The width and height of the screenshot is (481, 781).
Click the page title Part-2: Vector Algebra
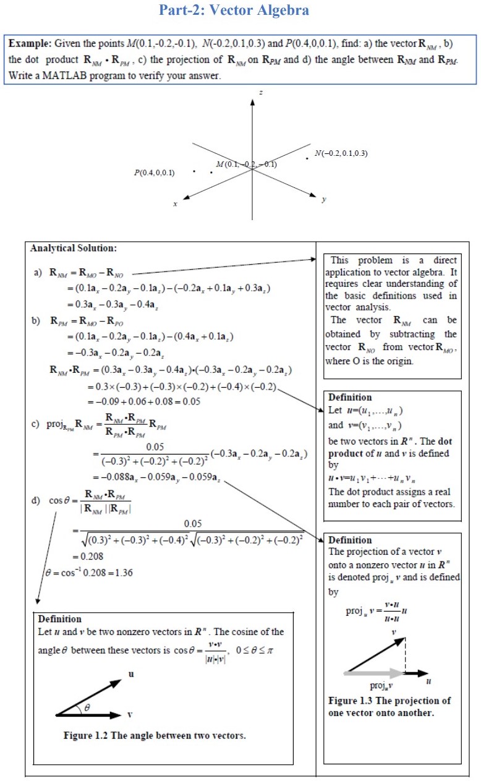pyautogui.click(x=234, y=11)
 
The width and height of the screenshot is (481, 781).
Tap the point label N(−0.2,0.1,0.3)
pyautogui.click(x=341, y=153)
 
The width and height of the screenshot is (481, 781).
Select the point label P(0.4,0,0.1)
pyautogui.click(x=154, y=173)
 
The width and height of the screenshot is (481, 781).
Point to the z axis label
pyautogui.click(x=261, y=92)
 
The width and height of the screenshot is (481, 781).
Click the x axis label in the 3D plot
pyautogui.click(x=176, y=203)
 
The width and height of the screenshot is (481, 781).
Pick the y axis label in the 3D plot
pyautogui.click(x=323, y=199)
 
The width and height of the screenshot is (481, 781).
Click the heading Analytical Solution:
pyautogui.click(x=73, y=249)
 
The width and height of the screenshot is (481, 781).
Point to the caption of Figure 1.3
pyautogui.click(x=390, y=706)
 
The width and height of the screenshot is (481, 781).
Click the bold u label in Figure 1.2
pyautogui.click(x=130, y=673)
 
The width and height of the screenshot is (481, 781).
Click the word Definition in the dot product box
pyautogui.click(x=350, y=398)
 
